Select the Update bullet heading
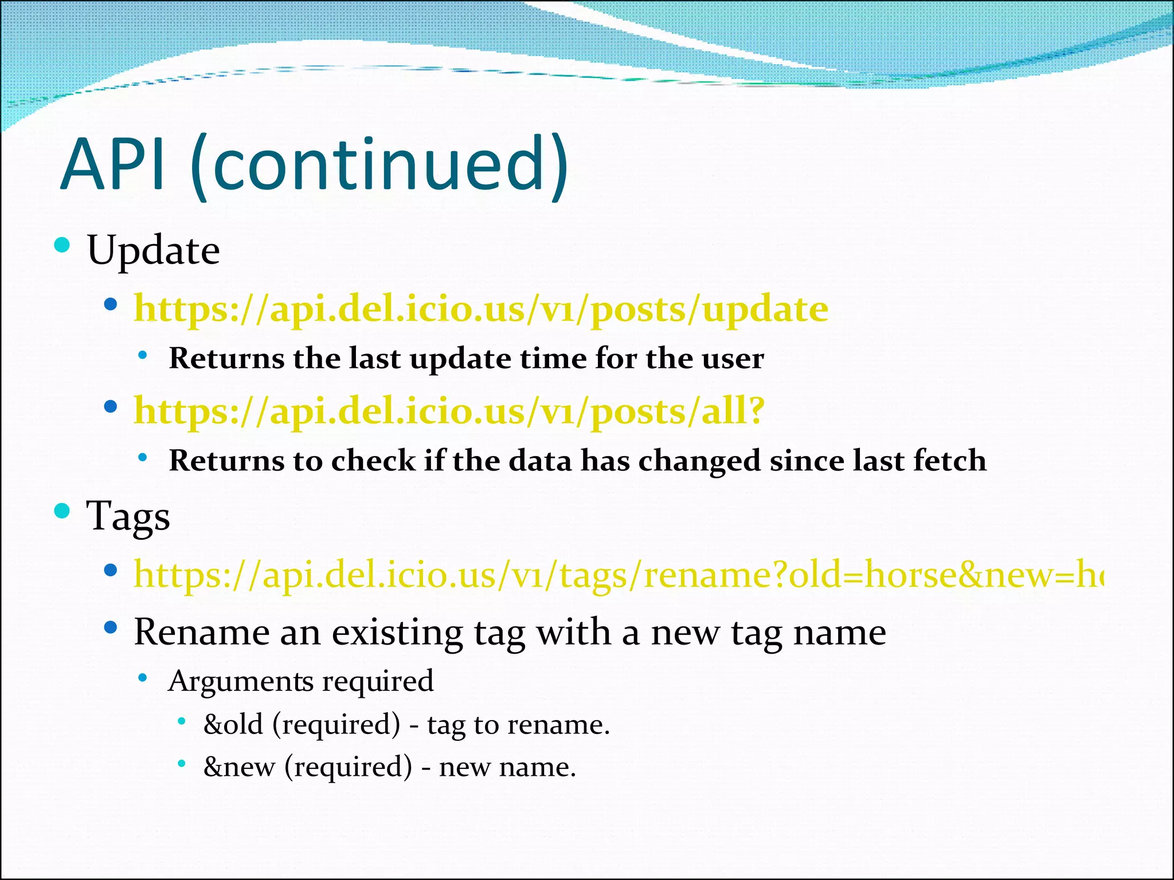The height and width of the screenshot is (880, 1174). click(x=153, y=250)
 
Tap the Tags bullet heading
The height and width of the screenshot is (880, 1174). click(x=128, y=516)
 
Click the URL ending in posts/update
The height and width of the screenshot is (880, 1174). click(x=480, y=309)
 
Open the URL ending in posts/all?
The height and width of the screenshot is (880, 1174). click(x=449, y=411)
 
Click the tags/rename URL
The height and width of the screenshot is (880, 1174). click(x=618, y=575)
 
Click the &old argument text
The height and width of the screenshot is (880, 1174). click(x=233, y=725)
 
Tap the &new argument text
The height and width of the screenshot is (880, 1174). click(x=239, y=767)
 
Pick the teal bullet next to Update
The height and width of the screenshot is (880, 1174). click(x=62, y=246)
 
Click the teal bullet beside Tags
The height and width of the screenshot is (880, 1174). click(x=62, y=510)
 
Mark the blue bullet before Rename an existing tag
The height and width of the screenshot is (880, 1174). click(x=111, y=628)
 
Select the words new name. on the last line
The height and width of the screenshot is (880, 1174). click(x=507, y=767)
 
